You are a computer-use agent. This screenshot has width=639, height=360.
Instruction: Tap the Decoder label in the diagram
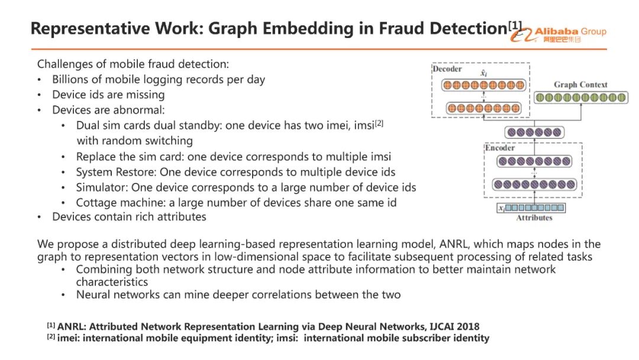point(447,69)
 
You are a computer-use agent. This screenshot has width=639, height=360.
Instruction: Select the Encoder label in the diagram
point(500,147)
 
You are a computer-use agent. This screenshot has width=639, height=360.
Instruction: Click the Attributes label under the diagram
point(534,217)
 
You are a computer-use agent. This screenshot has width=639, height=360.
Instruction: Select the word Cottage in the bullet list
point(95,202)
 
